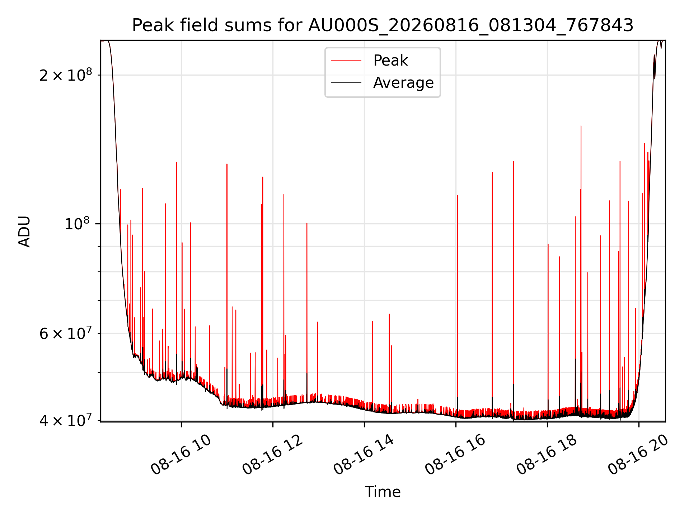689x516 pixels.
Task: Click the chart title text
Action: point(383,25)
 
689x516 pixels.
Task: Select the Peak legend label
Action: point(390,61)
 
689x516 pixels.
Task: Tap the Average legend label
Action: point(403,83)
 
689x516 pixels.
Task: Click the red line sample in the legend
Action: point(346,61)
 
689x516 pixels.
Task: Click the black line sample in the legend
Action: point(346,83)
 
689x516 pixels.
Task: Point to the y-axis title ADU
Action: point(24,231)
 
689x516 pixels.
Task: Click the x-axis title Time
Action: point(383,492)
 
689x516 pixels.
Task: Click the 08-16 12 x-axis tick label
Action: point(272,455)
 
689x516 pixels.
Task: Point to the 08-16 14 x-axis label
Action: point(364,455)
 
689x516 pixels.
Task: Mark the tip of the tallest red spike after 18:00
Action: point(581,126)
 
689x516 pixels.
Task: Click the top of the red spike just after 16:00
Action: point(457,195)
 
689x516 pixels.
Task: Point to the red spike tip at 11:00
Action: point(227,164)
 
